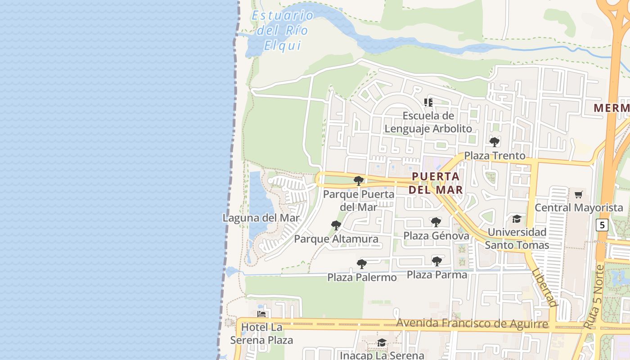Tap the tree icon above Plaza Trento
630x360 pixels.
(x=495, y=142)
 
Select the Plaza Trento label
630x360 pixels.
(x=495, y=156)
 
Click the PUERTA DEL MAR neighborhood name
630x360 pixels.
(x=436, y=183)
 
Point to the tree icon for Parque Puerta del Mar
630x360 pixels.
(x=359, y=181)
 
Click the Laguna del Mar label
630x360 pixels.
(x=261, y=218)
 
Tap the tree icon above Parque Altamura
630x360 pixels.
(x=336, y=225)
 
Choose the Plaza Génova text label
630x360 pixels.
(x=436, y=236)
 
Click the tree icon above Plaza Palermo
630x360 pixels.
(x=361, y=264)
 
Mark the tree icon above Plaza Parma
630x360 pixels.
(x=436, y=261)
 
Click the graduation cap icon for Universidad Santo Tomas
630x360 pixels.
(x=517, y=219)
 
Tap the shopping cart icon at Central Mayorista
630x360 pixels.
(x=578, y=195)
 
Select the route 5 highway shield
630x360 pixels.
(x=602, y=225)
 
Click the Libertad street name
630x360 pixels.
(x=544, y=288)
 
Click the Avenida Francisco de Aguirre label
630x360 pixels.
(x=472, y=324)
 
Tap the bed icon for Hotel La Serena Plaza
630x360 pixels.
(x=261, y=314)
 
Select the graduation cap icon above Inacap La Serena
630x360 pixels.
(x=382, y=343)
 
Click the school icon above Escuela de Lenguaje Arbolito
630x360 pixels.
(x=428, y=103)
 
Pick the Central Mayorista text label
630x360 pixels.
(x=578, y=208)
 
